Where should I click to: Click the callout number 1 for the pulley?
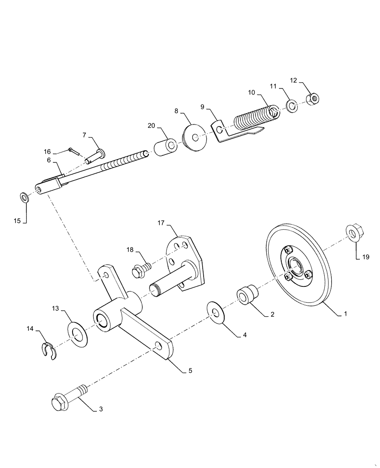click(x=346, y=314)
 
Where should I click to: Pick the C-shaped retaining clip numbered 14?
click(x=47, y=351)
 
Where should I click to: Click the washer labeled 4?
click(x=216, y=313)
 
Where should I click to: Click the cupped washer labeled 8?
click(x=193, y=137)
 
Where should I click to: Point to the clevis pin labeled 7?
click(x=97, y=155)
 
